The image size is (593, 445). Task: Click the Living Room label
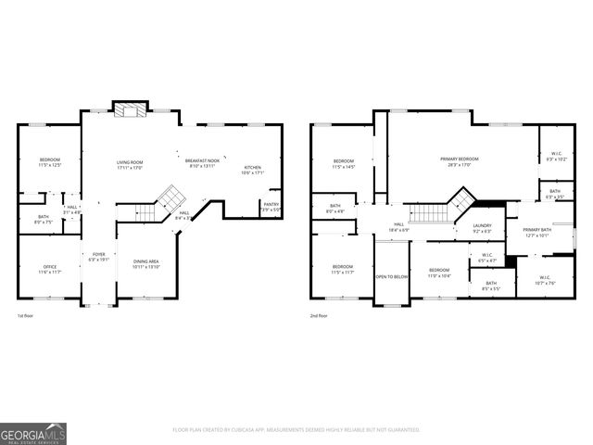(x=130, y=164)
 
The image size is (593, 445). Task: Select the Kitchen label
(x=252, y=170)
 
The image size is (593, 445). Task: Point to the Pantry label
(x=271, y=207)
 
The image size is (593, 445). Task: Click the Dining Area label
(x=146, y=264)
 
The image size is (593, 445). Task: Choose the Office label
(x=49, y=269)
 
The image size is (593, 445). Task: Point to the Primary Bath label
(x=536, y=232)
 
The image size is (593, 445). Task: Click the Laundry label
(x=482, y=227)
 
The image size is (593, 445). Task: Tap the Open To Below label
(x=392, y=276)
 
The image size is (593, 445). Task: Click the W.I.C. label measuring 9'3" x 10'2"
(x=556, y=157)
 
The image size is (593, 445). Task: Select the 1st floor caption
(x=26, y=316)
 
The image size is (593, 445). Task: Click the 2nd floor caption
(x=320, y=316)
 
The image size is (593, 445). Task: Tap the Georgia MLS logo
(x=32, y=433)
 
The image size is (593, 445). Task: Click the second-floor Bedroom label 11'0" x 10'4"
(x=439, y=273)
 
